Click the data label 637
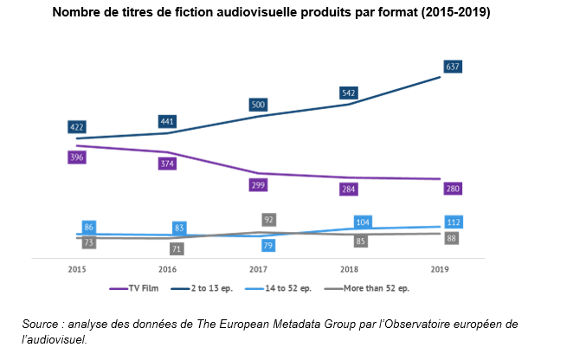(452, 66)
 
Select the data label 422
(77, 127)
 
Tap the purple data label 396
(77, 157)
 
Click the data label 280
(452, 189)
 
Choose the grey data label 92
(268, 220)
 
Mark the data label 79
(268, 247)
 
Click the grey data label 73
(88, 243)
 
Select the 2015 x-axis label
(77, 269)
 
